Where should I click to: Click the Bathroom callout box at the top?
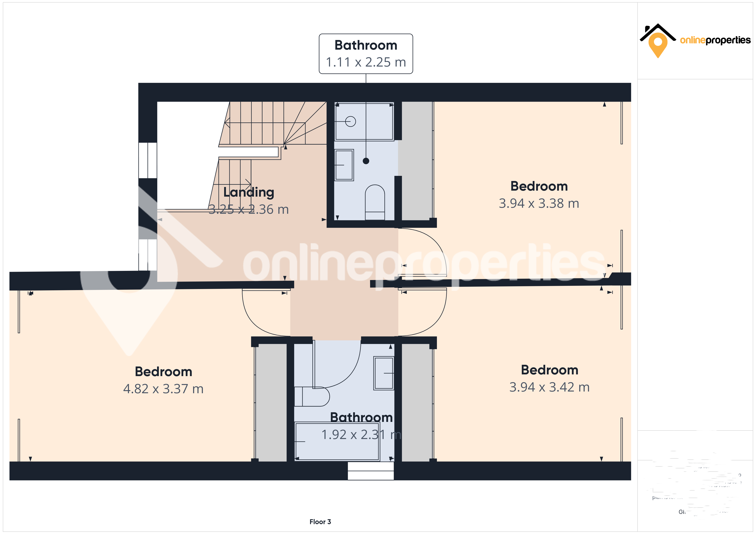click(366, 54)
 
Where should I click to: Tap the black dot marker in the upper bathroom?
click(366, 161)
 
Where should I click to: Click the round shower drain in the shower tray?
click(351, 122)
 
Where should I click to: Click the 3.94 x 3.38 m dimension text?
click(539, 203)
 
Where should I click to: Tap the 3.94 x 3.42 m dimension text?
click(549, 387)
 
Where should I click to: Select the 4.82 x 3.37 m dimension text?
click(163, 389)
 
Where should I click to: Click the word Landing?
click(249, 192)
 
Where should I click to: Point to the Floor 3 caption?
click(320, 522)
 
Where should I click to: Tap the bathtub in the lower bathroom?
click(337, 442)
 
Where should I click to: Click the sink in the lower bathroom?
click(384, 373)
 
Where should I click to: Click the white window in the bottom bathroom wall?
click(370, 471)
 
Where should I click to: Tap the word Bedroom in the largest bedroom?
click(163, 372)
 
